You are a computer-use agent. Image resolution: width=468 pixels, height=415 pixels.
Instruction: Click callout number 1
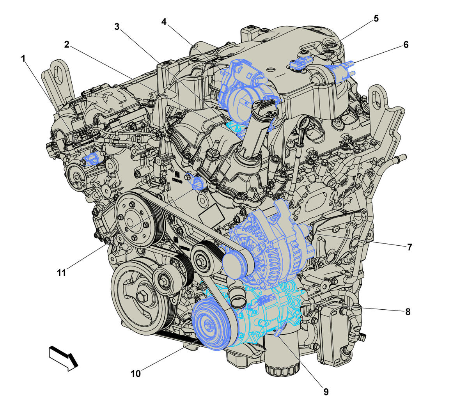(23, 59)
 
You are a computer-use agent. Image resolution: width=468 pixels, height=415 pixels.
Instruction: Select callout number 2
(67, 44)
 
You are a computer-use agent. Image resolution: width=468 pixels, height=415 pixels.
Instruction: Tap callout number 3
(117, 27)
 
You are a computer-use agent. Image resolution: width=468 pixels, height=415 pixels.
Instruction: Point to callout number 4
(164, 22)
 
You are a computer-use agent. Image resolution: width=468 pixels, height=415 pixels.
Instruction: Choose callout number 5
(376, 18)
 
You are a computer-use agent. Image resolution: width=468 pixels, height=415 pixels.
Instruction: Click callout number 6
(406, 44)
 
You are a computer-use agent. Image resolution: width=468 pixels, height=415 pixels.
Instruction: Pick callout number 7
(409, 247)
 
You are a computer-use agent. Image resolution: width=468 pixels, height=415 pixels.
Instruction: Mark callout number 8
(408, 312)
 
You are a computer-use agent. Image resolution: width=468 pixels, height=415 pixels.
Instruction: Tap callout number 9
(326, 392)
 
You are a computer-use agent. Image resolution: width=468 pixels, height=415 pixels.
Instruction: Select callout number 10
(136, 374)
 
